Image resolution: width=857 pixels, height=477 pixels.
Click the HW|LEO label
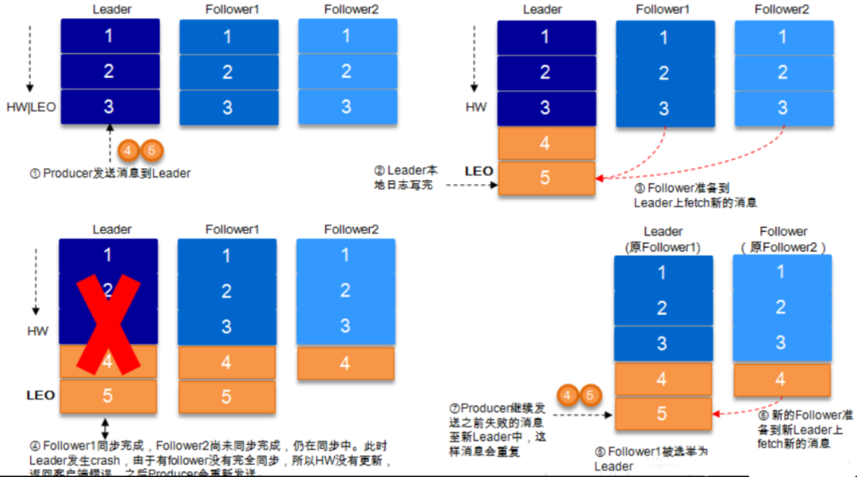click(x=32, y=106)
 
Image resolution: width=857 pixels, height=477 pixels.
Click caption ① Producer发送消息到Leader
click(x=110, y=173)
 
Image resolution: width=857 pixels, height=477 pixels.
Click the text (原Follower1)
click(x=663, y=247)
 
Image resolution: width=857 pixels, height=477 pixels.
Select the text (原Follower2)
click(x=782, y=247)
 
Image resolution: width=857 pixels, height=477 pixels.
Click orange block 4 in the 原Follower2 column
click(x=782, y=379)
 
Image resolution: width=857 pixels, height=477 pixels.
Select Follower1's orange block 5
click(x=227, y=396)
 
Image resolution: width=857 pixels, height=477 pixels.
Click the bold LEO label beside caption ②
click(x=478, y=171)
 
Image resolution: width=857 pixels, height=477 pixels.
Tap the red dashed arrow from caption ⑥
click(x=734, y=414)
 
